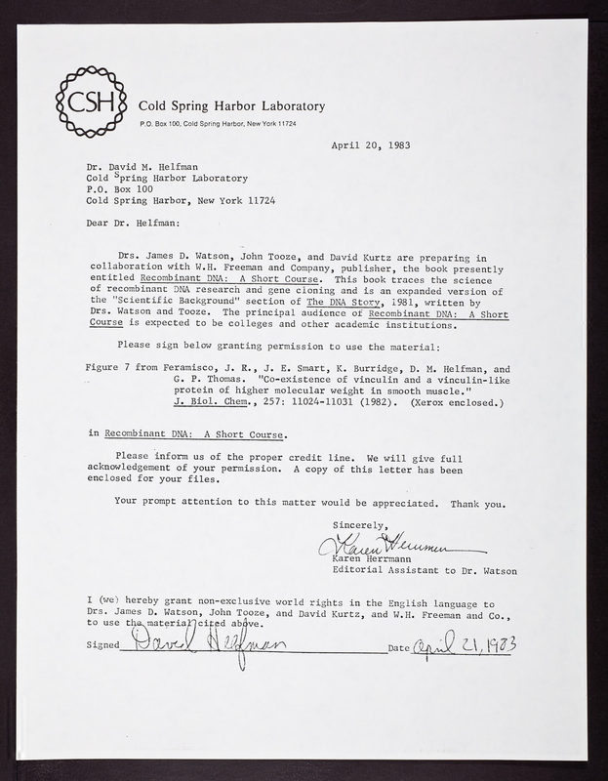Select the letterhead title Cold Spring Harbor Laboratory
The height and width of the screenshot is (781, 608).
(225, 106)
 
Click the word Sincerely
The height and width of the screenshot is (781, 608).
(360, 525)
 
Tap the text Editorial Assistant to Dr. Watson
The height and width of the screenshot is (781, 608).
(442, 570)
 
